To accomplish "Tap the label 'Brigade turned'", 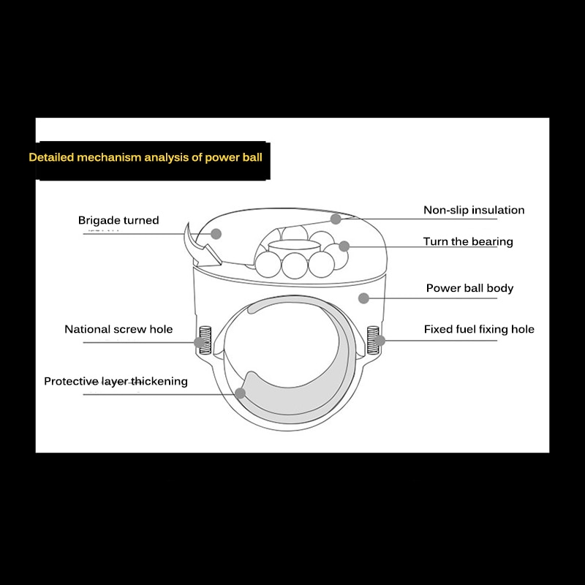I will (118, 220).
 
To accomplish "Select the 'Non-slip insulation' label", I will (474, 210).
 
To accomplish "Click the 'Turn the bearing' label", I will (468, 241).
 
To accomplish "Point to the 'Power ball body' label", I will (469, 288).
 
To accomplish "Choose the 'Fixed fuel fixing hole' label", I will (479, 329).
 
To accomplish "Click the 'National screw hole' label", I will (118, 329).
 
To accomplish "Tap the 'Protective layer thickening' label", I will (116, 381).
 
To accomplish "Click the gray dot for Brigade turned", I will (216, 233).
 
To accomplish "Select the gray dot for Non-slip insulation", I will (336, 218).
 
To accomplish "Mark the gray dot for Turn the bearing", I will (344, 246).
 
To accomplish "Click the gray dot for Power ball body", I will (363, 298).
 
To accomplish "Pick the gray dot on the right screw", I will (380, 340).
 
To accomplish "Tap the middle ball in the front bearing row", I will (296, 265).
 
